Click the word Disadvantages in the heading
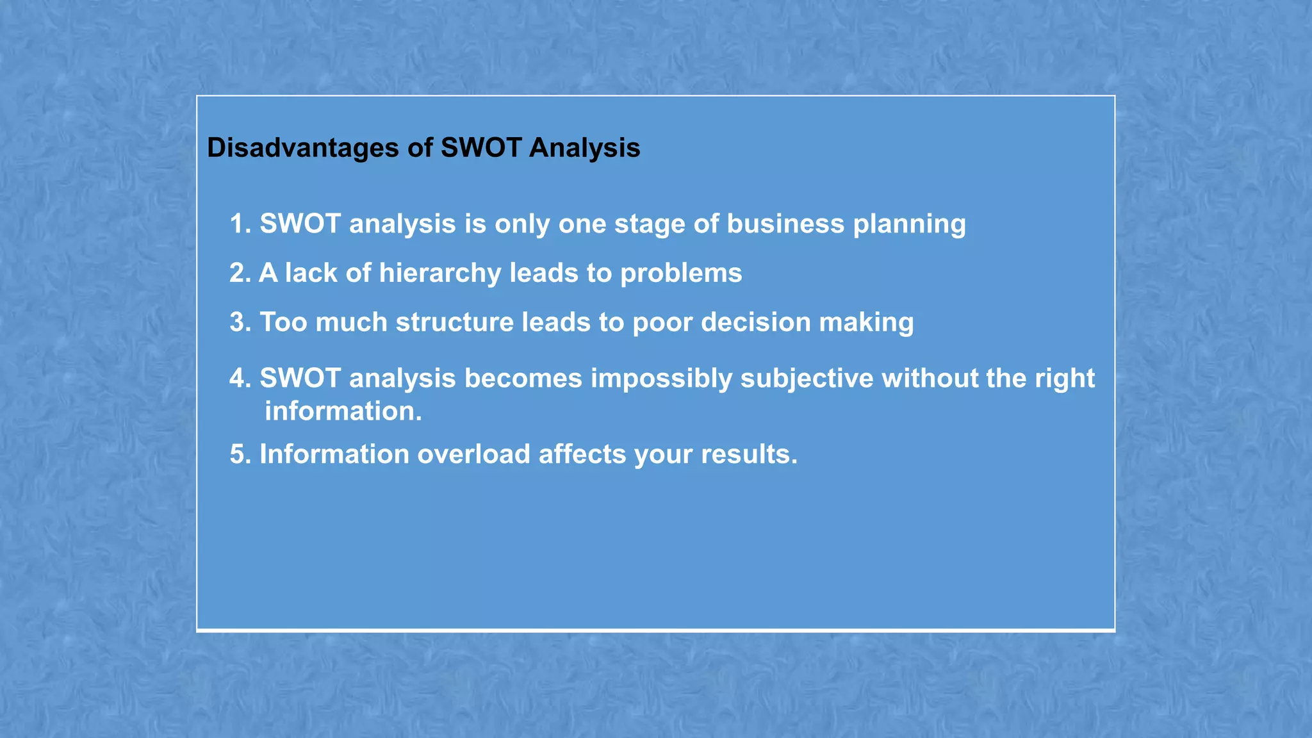coord(303,148)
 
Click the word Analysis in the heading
coord(584,148)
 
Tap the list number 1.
coord(238,224)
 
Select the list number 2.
coord(238,273)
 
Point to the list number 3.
coord(238,322)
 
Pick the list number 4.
coord(238,378)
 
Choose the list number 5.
coord(238,454)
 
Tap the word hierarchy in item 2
coord(439,274)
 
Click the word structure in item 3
coord(454,322)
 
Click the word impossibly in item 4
coord(661,379)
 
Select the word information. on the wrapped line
coord(343,411)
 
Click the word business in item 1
coord(785,224)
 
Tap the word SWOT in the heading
coord(480,148)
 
